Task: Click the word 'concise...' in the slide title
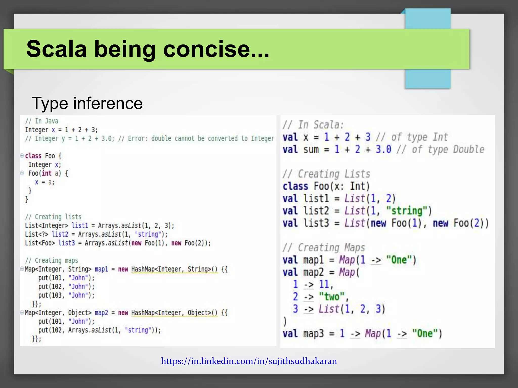click(216, 49)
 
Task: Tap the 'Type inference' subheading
click(87, 103)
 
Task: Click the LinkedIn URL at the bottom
click(249, 361)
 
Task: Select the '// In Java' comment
click(42, 121)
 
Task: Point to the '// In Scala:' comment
click(313, 125)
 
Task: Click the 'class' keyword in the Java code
click(33, 156)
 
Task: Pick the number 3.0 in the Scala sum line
click(383, 149)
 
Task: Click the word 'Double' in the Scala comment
click(468, 149)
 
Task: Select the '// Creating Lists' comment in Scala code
click(326, 174)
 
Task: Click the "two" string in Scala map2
click(332, 297)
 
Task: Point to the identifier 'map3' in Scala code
click(313, 333)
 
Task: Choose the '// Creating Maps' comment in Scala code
click(324, 248)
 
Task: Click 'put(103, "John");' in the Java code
click(66, 295)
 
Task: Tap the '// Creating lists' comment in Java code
click(53, 217)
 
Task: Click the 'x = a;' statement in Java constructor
click(45, 182)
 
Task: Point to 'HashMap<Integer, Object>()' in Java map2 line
click(174, 313)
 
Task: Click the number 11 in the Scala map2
click(324, 284)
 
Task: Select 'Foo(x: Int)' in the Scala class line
click(341, 186)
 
